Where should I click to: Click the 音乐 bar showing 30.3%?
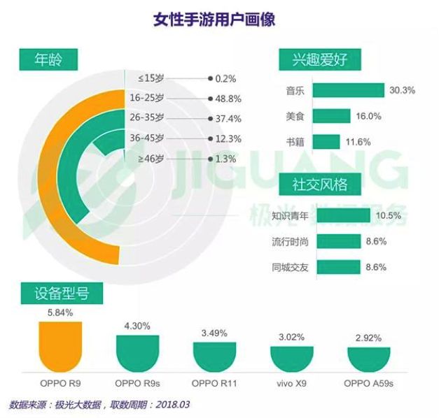[x=348, y=90]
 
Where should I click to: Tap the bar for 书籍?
[x=326, y=141]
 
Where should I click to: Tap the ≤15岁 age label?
[x=151, y=78]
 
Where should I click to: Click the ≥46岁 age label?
[x=151, y=159]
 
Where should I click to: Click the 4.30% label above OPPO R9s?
[x=137, y=325]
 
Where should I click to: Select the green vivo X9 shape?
[x=291, y=357]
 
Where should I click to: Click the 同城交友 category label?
[x=290, y=266]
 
